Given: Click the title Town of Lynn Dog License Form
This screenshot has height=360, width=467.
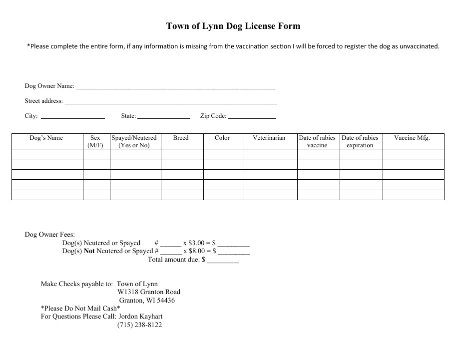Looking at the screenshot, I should [233, 26].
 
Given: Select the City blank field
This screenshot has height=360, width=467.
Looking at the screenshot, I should [72, 117].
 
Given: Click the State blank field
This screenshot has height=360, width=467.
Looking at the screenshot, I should [164, 117].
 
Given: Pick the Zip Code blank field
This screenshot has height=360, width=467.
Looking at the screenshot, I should [252, 117].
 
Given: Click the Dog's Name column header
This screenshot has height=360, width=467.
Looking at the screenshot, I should [46, 138].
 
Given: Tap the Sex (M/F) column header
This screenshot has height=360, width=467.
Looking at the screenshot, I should [95, 141].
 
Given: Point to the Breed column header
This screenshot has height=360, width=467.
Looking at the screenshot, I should [181, 138].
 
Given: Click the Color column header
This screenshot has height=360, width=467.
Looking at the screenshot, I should [222, 138].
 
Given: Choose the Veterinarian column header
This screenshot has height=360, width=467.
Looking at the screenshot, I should [269, 138].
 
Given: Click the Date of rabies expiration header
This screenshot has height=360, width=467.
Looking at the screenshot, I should [360, 141].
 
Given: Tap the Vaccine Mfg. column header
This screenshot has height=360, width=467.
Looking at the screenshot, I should [412, 138].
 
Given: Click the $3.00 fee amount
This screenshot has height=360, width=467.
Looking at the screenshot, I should [196, 243].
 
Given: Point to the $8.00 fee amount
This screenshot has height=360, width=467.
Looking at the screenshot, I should [196, 251].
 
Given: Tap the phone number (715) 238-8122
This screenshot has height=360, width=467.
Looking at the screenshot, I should [139, 325].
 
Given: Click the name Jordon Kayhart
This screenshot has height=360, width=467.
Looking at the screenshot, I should [140, 317].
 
